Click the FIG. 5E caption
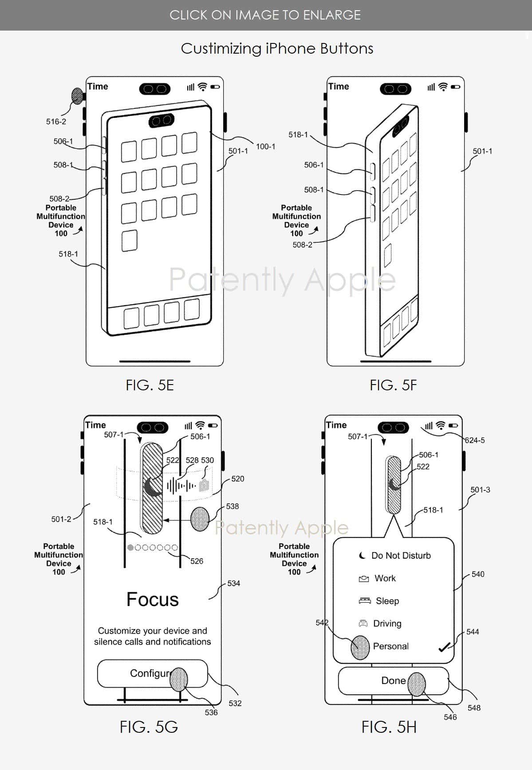tap(150, 385)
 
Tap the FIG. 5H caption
tap(389, 727)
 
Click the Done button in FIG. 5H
tap(393, 681)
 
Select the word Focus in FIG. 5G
tap(152, 599)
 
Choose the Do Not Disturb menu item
tap(400, 556)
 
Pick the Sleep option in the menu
tap(387, 601)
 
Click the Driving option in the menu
tap(387, 623)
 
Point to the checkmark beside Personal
tap(444, 647)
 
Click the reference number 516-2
tap(56, 121)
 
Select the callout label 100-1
tap(265, 147)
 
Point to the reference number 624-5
tap(475, 440)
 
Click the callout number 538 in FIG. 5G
tap(232, 506)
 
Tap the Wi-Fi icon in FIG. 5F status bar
tap(442, 87)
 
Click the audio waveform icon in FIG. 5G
tap(181, 486)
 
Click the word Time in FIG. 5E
tap(98, 86)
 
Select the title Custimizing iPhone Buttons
tap(277, 48)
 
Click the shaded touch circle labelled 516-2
tap(77, 96)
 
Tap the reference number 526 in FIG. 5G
tap(197, 561)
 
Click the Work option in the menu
tap(385, 578)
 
